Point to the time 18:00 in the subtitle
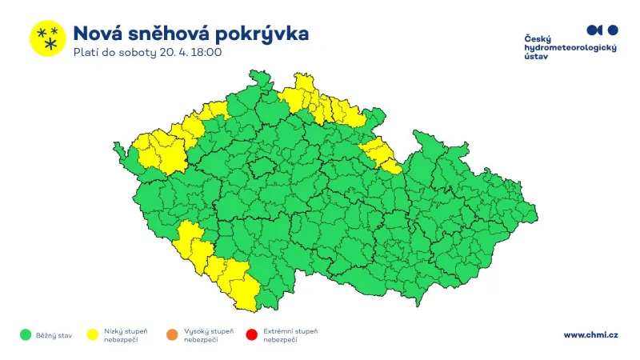tap(206, 53)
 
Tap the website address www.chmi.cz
tap(590, 335)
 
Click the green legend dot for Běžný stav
tap(26, 335)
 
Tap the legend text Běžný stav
tap(54, 335)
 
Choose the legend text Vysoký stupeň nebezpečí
tap(208, 335)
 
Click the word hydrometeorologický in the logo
tap(570, 48)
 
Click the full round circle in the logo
tap(613, 30)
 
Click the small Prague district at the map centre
tap(260, 168)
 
